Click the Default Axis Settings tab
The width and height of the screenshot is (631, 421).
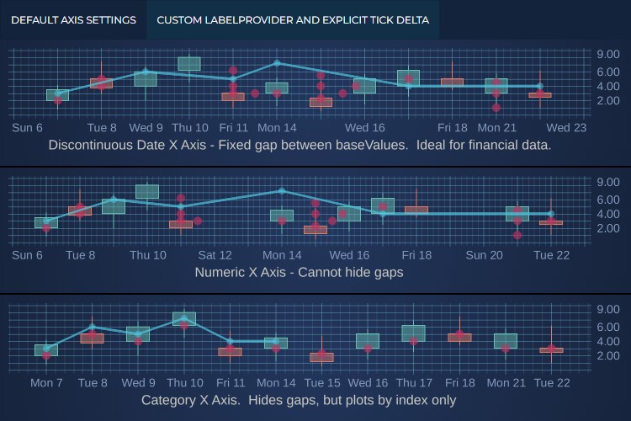(73, 20)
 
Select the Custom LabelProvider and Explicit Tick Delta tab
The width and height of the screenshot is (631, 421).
(293, 20)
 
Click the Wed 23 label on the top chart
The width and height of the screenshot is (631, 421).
(566, 128)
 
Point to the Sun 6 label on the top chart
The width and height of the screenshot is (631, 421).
(28, 128)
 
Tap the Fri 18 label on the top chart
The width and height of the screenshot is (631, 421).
(453, 128)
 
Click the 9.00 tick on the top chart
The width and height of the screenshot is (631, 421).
(607, 55)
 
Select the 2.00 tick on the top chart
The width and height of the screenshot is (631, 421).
(607, 100)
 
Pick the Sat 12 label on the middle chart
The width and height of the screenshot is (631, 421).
(215, 255)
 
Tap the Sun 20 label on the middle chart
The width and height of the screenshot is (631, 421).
(484, 255)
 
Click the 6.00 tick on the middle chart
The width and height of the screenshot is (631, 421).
(607, 200)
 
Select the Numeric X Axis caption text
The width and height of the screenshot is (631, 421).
(299, 272)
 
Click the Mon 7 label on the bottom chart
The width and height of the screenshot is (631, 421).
(46, 383)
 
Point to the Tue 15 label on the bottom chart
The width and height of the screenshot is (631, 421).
(321, 383)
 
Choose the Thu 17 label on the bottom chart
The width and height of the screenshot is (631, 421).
(413, 383)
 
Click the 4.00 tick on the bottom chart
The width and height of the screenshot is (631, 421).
(607, 341)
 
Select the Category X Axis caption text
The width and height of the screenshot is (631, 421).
(299, 400)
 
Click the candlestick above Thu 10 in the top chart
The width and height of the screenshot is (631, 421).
(189, 63)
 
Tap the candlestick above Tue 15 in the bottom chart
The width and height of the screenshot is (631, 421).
(321, 357)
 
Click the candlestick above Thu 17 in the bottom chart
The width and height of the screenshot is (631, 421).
(413, 333)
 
